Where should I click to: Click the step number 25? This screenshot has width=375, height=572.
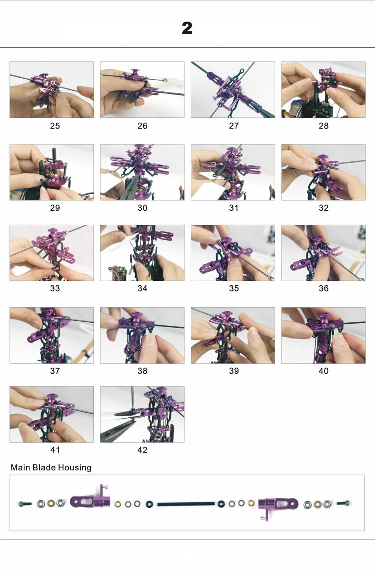[55, 126]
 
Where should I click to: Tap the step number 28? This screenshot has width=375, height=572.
[324, 126]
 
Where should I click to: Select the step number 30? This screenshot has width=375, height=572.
[142, 208]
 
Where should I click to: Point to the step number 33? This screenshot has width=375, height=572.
[55, 288]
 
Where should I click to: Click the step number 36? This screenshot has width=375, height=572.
[324, 288]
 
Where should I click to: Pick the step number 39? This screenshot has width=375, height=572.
[234, 371]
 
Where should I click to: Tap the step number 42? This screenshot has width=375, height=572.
[142, 450]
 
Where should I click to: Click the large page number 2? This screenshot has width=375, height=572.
[187, 28]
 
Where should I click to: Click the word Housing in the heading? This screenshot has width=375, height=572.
[75, 467]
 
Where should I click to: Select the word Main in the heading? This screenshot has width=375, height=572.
[20, 467]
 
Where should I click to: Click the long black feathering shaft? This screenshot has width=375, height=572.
[186, 504]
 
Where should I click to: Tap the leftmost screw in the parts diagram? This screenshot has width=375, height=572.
[25, 504]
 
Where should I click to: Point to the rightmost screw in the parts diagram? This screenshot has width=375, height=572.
[343, 503]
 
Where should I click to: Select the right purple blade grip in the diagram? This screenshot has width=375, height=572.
[278, 504]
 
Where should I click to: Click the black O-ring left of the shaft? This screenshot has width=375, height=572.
[149, 504]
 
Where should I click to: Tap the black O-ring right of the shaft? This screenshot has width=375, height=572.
[220, 504]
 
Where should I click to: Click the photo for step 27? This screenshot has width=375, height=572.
[233, 90]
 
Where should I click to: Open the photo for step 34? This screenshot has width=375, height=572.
[142, 253]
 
